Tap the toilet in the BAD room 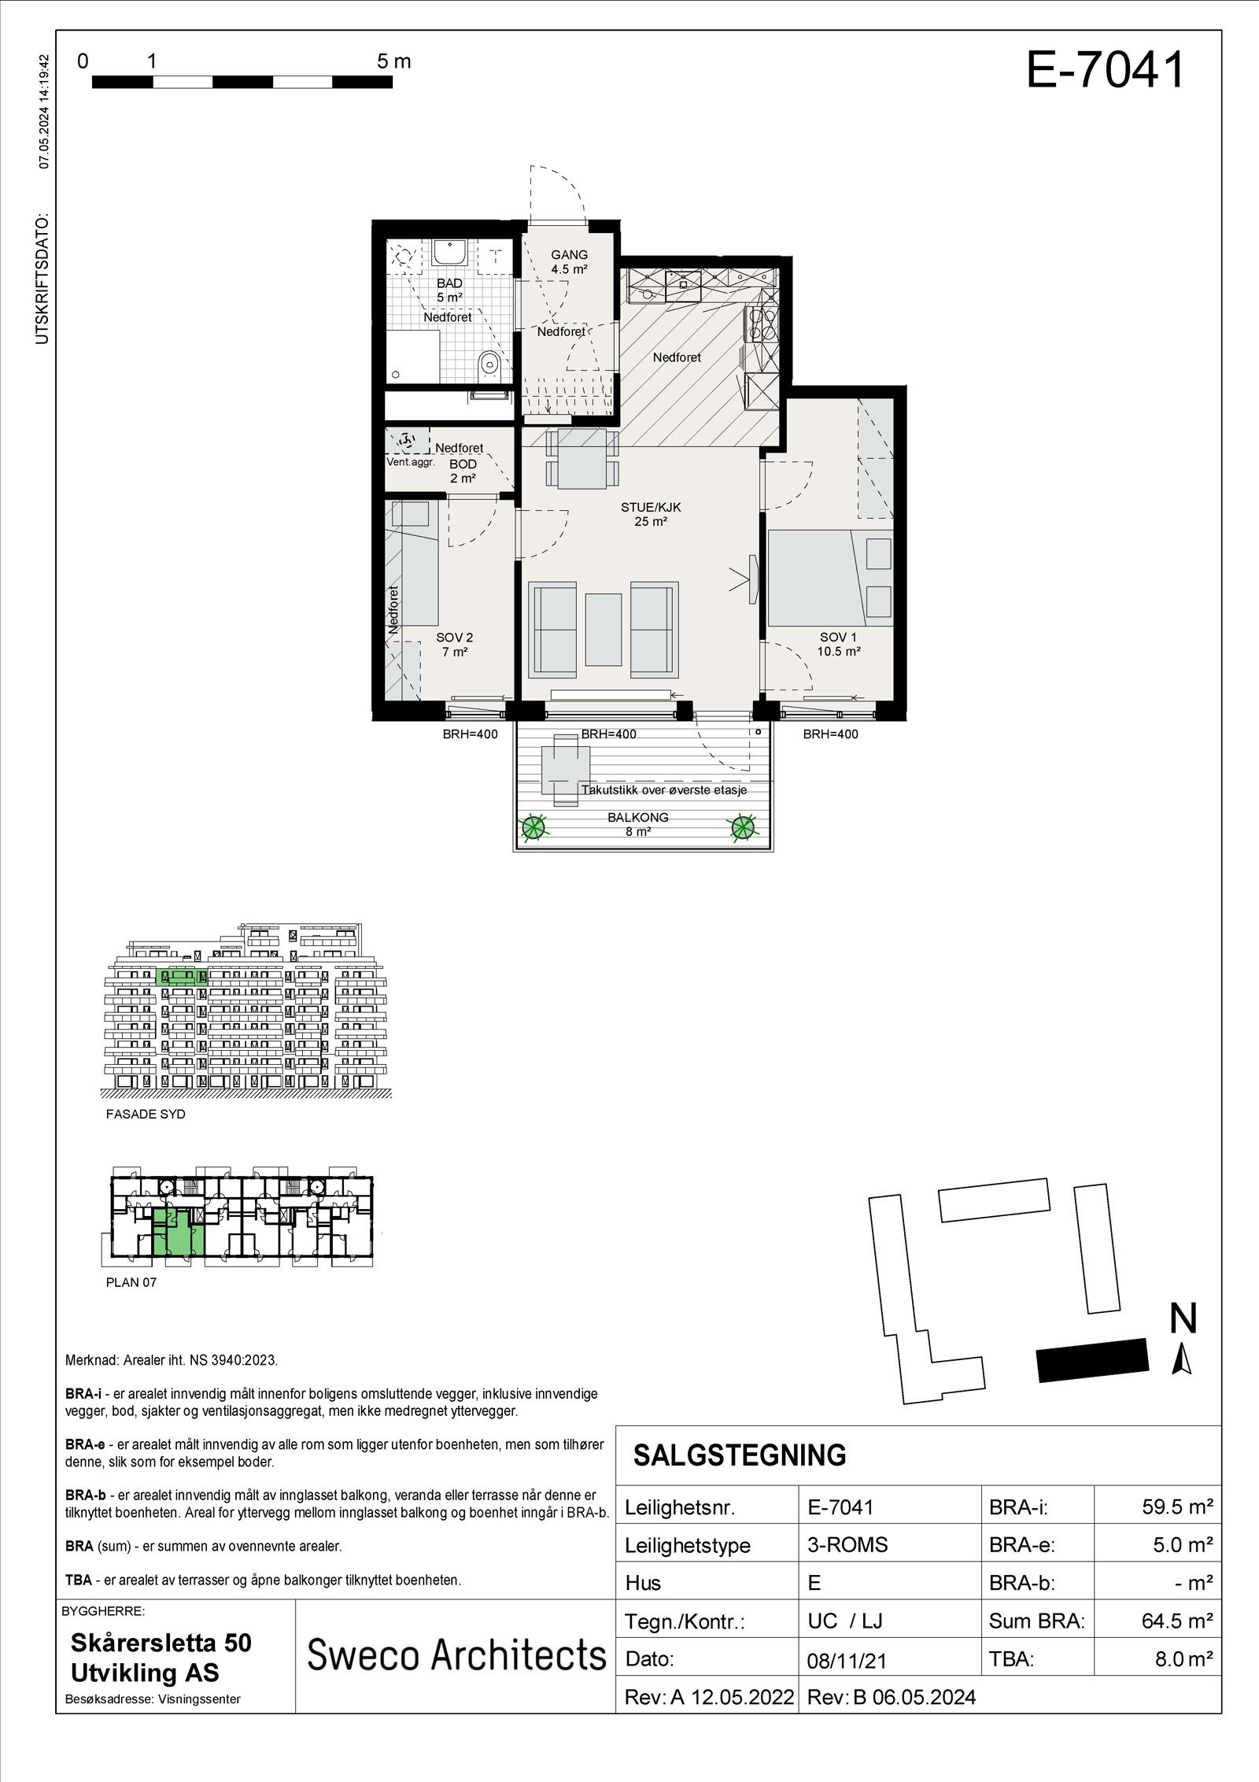489,363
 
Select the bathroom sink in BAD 450,253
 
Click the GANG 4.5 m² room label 569,261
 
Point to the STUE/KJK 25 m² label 650,514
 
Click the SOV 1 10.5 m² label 838,644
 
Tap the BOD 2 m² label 463,471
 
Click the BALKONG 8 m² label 637,824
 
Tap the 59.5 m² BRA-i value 1176,1507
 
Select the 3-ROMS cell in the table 847,1544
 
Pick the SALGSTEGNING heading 739,1455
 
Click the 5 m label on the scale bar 393,61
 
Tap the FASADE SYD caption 146,1114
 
